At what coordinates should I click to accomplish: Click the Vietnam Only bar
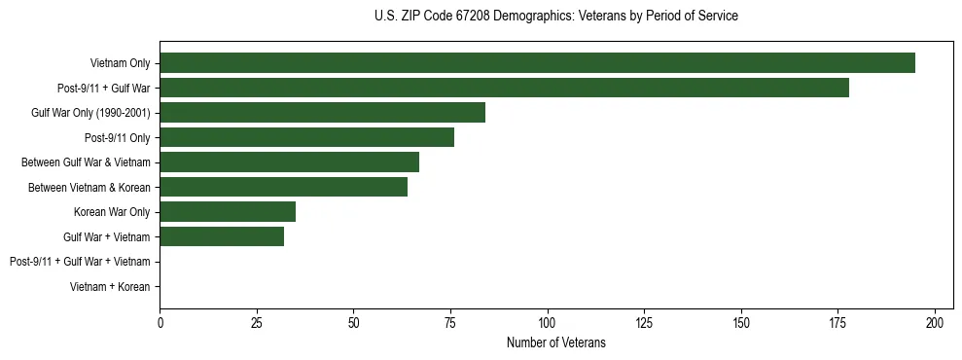[x=537, y=63]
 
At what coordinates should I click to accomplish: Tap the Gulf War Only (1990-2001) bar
[x=322, y=113]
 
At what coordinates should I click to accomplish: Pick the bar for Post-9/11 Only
[x=306, y=137]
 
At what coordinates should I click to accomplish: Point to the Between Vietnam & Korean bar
[x=283, y=187]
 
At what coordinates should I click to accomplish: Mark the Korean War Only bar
[x=228, y=212]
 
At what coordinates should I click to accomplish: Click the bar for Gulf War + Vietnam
[x=222, y=236]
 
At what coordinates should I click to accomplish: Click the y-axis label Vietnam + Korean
[x=110, y=287]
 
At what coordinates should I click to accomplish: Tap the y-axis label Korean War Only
[x=112, y=212]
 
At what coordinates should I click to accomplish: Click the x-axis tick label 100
[x=548, y=322]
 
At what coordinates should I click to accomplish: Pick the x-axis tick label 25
[x=257, y=322]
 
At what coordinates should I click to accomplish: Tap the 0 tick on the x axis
[x=160, y=322]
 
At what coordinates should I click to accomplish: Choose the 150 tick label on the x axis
[x=741, y=322]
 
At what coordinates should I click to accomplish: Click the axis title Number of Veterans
[x=555, y=342]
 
